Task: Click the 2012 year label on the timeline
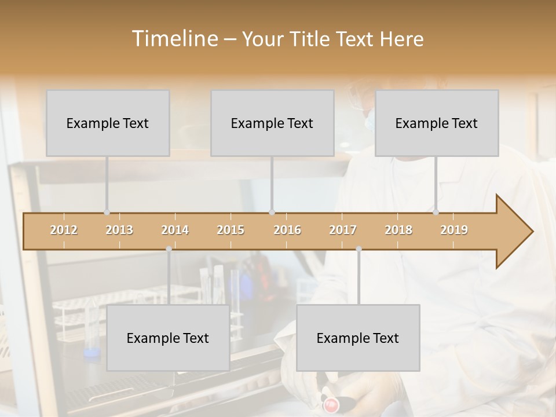coord(64,230)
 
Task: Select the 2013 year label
coord(119,230)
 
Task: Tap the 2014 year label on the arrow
coord(175,230)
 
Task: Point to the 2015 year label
coord(231,230)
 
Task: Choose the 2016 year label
coord(287,230)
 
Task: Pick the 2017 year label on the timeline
coord(343,230)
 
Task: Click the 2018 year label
coord(398,230)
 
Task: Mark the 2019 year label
coord(454,230)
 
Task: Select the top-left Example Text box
coord(108,123)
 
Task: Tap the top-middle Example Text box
coord(272,123)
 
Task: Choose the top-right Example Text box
coord(437,123)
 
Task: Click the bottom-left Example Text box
coord(168,338)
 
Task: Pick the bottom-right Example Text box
coord(358,338)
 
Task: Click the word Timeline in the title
coord(174,39)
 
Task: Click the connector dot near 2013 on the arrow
coord(107,213)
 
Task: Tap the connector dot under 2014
coord(169,249)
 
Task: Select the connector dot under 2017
coord(359,249)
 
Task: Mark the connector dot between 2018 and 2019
coord(436,213)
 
